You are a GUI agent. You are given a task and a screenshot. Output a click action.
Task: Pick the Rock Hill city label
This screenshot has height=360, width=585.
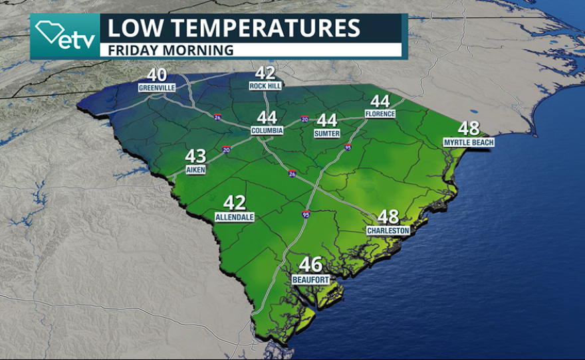265,86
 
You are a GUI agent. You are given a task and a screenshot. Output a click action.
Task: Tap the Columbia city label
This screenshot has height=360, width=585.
267,131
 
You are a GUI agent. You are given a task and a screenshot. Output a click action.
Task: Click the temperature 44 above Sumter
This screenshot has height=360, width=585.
326,120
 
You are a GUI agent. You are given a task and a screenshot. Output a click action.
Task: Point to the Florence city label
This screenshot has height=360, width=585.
380,114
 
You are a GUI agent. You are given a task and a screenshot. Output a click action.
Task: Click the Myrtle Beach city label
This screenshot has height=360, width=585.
469,142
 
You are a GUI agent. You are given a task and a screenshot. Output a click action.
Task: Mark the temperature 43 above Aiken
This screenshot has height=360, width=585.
195,157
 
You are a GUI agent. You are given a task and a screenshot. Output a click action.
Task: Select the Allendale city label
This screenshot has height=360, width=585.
235,217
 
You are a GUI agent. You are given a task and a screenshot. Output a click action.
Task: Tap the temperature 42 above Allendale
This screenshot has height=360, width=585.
235,203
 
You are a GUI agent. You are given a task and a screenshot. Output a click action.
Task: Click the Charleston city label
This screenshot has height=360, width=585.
388,230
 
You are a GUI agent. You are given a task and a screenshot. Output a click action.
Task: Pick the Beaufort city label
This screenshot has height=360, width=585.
310,280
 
